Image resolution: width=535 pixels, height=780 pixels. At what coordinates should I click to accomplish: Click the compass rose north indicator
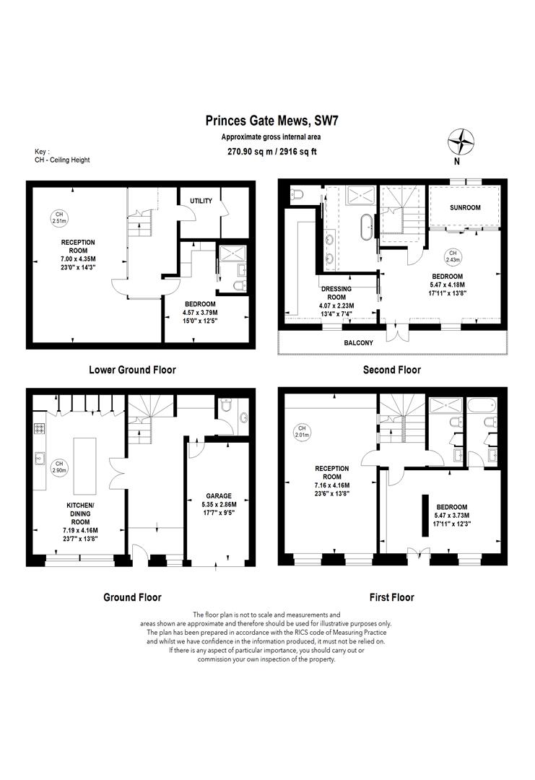pyautogui.click(x=461, y=142)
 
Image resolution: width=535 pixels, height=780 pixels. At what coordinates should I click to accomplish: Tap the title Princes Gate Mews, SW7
pyautogui.click(x=272, y=121)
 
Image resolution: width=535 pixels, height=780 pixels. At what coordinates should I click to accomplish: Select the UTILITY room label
pyautogui.click(x=201, y=201)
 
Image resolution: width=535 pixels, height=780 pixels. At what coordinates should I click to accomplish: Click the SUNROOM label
pyautogui.click(x=465, y=207)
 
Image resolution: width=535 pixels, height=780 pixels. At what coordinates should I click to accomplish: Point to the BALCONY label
pyautogui.click(x=358, y=343)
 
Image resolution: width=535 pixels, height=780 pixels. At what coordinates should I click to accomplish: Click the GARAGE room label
pyautogui.click(x=219, y=496)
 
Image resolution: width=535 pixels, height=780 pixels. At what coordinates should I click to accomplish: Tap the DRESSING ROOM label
pyautogui.click(x=336, y=293)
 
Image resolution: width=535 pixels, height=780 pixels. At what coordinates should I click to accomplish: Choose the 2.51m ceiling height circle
pyautogui.click(x=59, y=217)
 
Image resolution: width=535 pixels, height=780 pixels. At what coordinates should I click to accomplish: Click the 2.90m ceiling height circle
pyautogui.click(x=59, y=467)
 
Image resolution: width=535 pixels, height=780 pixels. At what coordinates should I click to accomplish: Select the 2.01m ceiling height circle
pyautogui.click(x=302, y=431)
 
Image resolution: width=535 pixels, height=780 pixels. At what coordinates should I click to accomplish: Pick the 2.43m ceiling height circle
pyautogui.click(x=453, y=256)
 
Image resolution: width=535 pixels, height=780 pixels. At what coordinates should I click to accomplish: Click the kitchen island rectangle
pyautogui.click(x=84, y=466)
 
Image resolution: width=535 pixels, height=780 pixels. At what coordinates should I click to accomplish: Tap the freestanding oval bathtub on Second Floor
pyautogui.click(x=367, y=227)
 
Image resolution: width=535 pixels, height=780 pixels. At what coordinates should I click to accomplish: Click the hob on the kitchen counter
pyautogui.click(x=39, y=428)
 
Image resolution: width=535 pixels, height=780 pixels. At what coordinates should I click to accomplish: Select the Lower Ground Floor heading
pyautogui.click(x=132, y=370)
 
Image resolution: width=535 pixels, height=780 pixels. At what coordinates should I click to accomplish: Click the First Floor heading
pyautogui.click(x=392, y=597)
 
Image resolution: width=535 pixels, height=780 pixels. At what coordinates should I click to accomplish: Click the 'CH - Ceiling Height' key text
pyautogui.click(x=62, y=160)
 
